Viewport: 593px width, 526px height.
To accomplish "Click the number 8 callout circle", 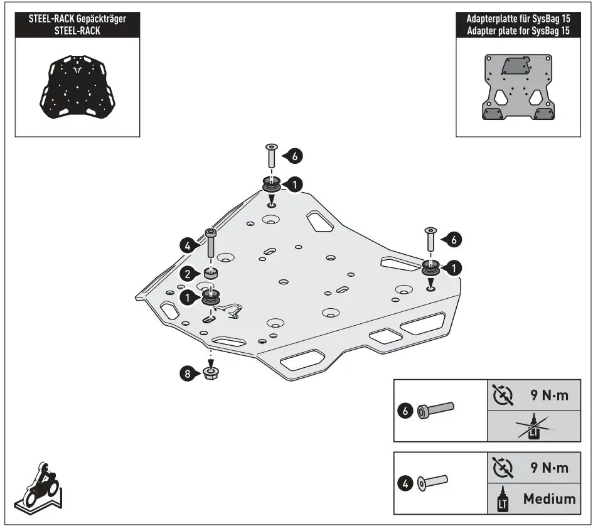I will point(186,374).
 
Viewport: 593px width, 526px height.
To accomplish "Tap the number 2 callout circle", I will point(186,273).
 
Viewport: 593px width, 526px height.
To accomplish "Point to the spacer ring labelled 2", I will point(211,274).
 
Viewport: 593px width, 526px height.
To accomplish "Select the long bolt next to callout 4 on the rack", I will point(211,243).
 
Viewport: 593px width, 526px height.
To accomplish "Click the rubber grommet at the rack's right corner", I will point(430,267).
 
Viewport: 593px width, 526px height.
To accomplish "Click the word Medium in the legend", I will point(549,499).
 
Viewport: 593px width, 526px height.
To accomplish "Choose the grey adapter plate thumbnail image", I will point(518,88).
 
